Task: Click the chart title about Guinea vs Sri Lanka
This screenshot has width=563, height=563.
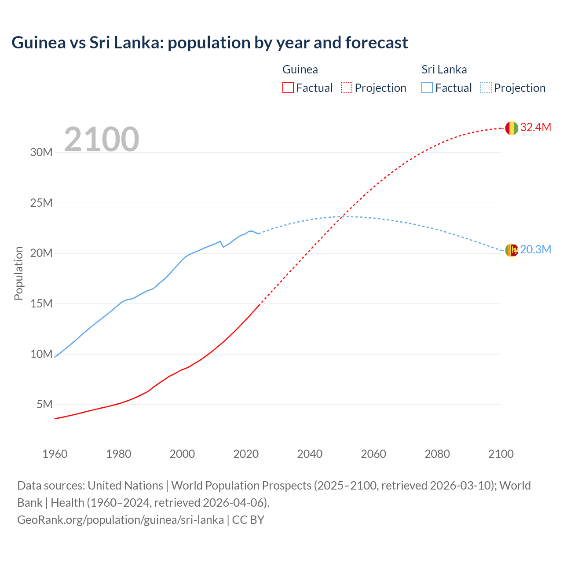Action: pyautogui.click(x=209, y=43)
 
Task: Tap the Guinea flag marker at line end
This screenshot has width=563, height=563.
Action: pyautogui.click(x=511, y=128)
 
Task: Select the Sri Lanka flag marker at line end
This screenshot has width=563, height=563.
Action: pyautogui.click(x=511, y=250)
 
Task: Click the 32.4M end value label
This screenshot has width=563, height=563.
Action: pyautogui.click(x=535, y=128)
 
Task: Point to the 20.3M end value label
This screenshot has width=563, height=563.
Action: pyautogui.click(x=535, y=250)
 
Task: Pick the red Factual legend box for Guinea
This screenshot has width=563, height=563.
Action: pyautogui.click(x=288, y=88)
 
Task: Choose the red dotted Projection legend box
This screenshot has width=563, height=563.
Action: pyautogui.click(x=347, y=88)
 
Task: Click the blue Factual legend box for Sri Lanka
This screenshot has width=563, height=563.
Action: pyautogui.click(x=427, y=88)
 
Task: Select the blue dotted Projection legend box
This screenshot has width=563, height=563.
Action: pyautogui.click(x=486, y=88)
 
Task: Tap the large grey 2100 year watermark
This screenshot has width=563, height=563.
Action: pyautogui.click(x=102, y=139)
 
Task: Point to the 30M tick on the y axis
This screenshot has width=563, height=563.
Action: pyautogui.click(x=41, y=153)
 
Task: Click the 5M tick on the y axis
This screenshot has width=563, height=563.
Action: pyautogui.click(x=44, y=404)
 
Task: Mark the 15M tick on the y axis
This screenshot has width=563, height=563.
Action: pyautogui.click(x=41, y=303)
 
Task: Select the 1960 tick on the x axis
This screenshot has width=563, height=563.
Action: pyautogui.click(x=55, y=454)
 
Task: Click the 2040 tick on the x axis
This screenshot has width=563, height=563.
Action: pyautogui.click(x=310, y=454)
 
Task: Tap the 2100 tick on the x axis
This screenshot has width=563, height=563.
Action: pyautogui.click(x=501, y=454)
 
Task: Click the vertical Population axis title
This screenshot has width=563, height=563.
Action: pyautogui.click(x=18, y=273)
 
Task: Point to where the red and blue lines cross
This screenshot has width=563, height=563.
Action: pyautogui.click(x=342, y=216)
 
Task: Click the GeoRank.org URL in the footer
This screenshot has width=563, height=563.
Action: pyautogui.click(x=121, y=520)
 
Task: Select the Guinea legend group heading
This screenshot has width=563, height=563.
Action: pyautogui.click(x=300, y=69)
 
